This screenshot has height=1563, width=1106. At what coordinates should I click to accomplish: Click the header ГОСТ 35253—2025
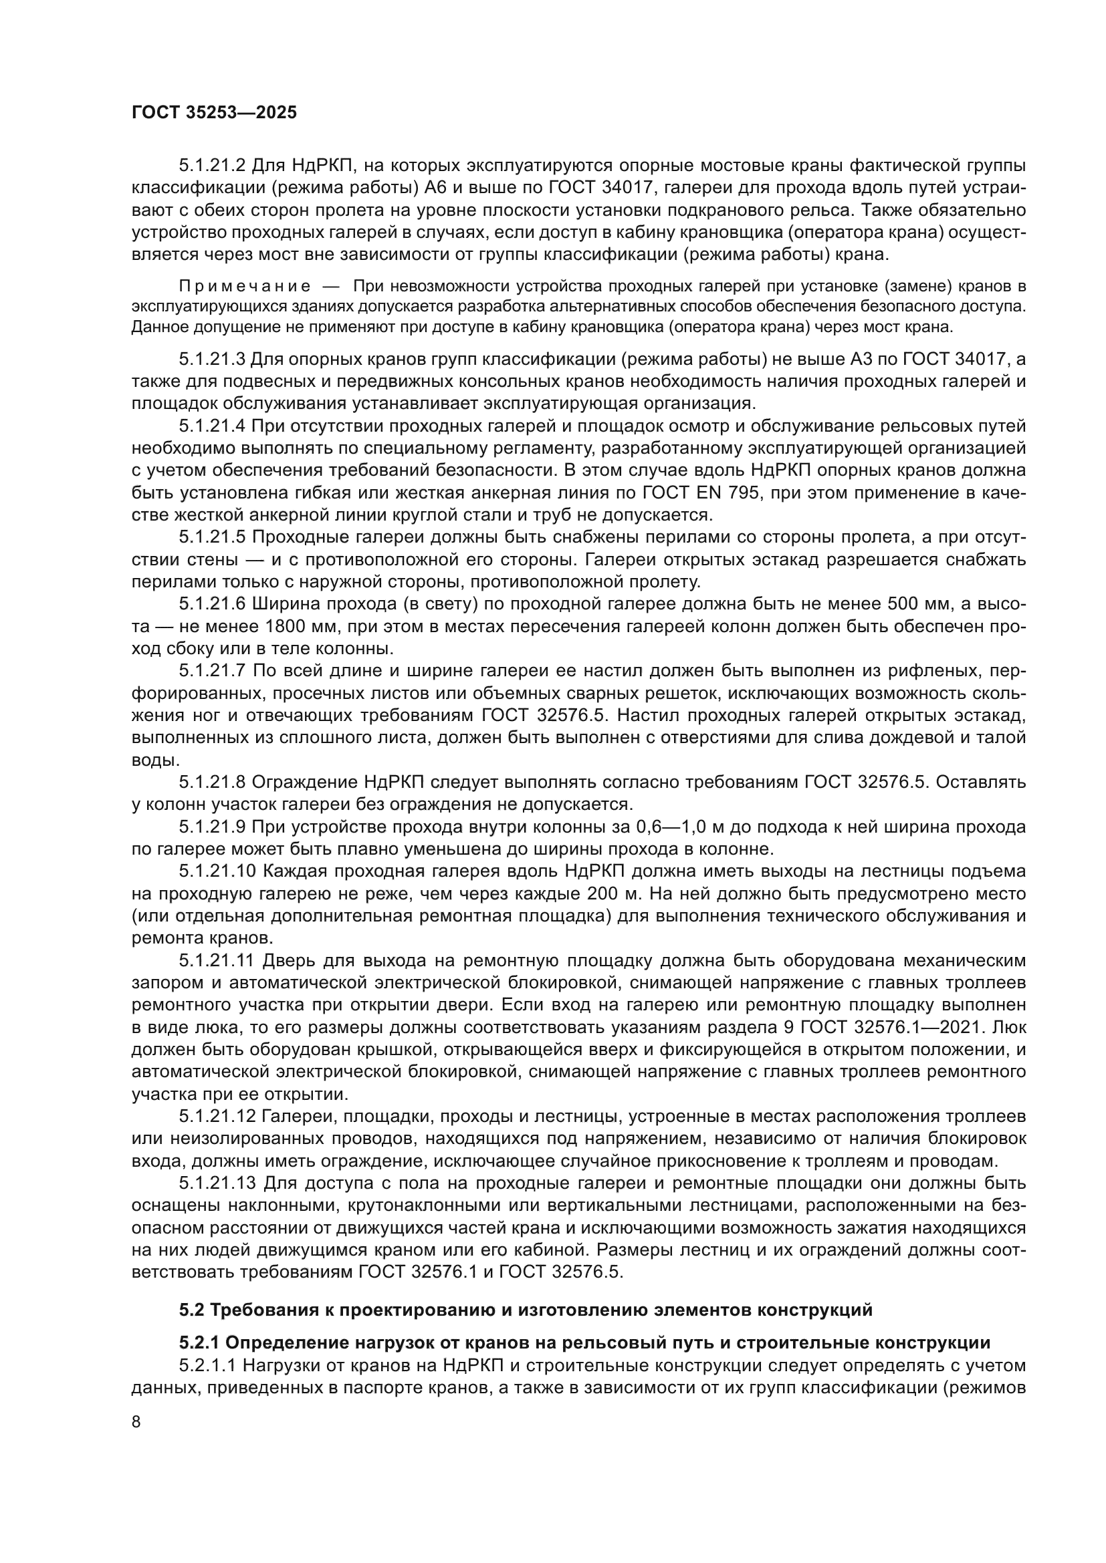[x=214, y=113]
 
